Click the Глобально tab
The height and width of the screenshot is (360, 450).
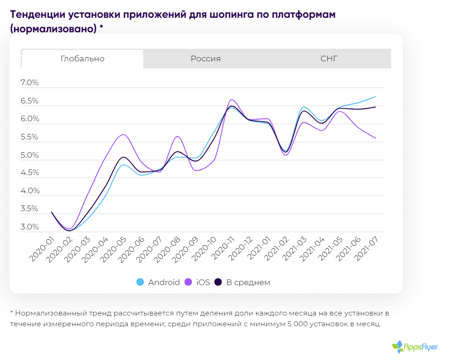pyautogui.click(x=82, y=59)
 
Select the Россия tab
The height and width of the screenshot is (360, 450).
pyautogui.click(x=206, y=59)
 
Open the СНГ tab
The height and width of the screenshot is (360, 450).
pyautogui.click(x=329, y=59)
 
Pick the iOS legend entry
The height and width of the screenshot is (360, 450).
pyautogui.click(x=198, y=282)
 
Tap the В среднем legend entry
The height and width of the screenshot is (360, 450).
pyautogui.click(x=243, y=282)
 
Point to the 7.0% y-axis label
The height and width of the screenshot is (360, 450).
pyautogui.click(x=30, y=83)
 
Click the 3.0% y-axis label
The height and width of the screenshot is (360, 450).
pyautogui.click(x=30, y=227)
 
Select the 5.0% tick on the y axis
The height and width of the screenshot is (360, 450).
pyautogui.click(x=30, y=155)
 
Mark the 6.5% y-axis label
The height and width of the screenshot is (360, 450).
pyautogui.click(x=30, y=101)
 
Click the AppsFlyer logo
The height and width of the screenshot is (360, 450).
pyautogui.click(x=415, y=346)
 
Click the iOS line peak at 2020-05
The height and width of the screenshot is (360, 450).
pyautogui.click(x=123, y=135)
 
